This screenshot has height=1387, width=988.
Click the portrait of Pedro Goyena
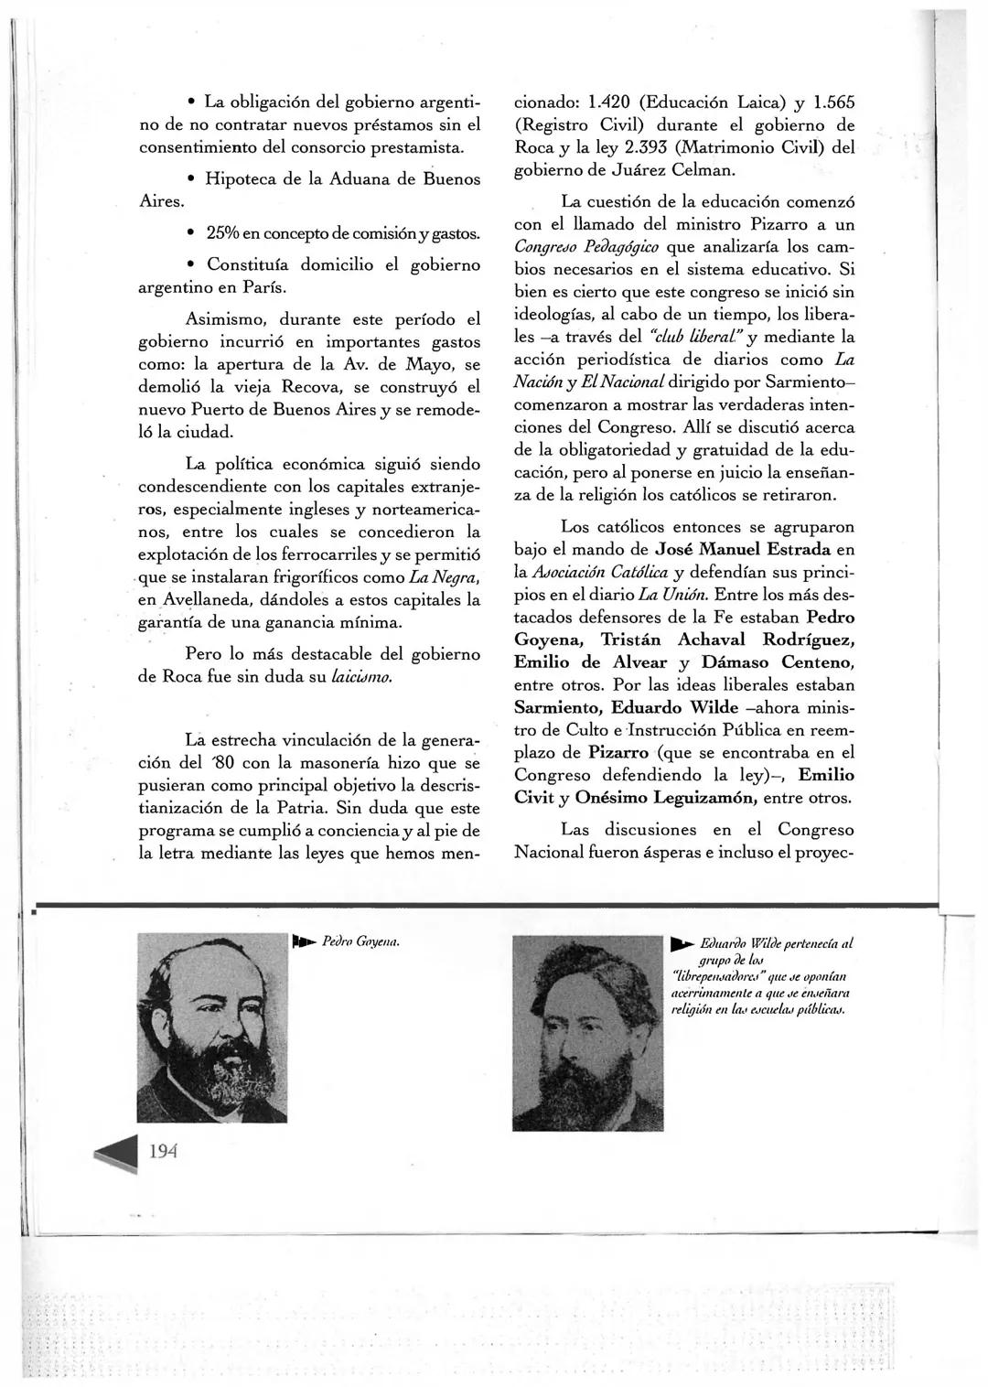(212, 1027)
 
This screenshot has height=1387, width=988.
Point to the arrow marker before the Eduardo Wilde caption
(682, 944)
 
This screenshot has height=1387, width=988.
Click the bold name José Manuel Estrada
(743, 550)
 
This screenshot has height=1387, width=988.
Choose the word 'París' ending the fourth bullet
(266, 288)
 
